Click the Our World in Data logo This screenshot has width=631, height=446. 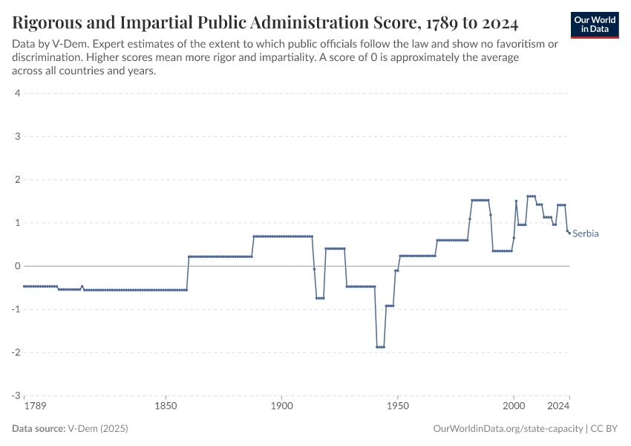pos(594,25)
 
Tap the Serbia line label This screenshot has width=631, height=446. pos(586,233)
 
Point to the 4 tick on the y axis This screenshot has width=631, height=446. pos(16,94)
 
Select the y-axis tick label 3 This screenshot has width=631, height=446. pos(16,137)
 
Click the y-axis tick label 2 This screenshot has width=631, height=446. pos(16,180)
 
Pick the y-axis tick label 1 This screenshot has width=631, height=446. pos(16,223)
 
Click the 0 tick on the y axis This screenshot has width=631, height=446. pos(16,266)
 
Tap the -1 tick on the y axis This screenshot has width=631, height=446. pos(15,309)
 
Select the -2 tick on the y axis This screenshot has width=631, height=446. pos(15,352)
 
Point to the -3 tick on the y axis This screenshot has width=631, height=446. pos(15,395)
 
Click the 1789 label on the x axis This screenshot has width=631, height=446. pos(34,407)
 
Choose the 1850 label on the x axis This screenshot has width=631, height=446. pos(166,407)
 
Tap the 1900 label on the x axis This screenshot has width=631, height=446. pos(281,407)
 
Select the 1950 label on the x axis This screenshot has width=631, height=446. pos(398,407)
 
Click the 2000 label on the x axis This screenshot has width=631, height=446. pos(514,407)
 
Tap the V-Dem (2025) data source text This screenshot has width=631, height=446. pos(98,429)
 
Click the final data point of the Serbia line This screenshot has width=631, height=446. pos(569,233)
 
